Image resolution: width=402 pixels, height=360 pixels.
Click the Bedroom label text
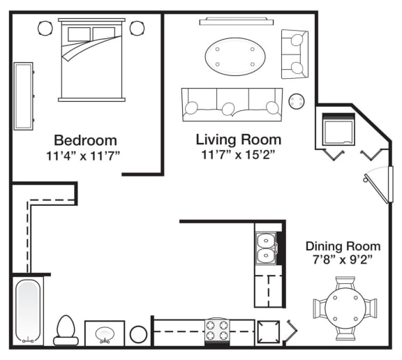pos(85,140)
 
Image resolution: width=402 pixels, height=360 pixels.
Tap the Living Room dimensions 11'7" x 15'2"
pos(239,154)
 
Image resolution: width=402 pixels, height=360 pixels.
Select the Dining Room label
pos(343,246)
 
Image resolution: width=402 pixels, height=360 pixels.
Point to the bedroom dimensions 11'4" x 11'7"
pos(83,156)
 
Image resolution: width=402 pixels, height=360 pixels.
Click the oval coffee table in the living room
pos(235,57)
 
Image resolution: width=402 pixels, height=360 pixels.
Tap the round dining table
pos(345,308)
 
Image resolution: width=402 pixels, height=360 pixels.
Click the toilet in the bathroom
pos(66,330)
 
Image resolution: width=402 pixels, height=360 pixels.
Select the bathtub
pos(28,311)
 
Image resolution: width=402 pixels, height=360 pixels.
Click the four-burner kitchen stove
pos(217,331)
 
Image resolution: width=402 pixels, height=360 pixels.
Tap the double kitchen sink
pos(266,248)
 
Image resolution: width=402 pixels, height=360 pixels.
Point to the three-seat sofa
pos(232,105)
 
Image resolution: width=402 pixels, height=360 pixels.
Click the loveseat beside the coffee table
pos(295,54)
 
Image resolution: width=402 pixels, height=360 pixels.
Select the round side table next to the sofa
pos(297,101)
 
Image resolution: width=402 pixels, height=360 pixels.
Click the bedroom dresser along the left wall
pos(24,96)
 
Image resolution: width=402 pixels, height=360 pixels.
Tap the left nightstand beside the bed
pos(45,28)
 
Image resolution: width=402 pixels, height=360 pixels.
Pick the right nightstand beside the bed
pos(137,28)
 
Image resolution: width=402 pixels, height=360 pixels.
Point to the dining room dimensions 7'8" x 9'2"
pos(342,260)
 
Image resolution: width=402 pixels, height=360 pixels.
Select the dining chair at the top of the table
pos(345,283)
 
